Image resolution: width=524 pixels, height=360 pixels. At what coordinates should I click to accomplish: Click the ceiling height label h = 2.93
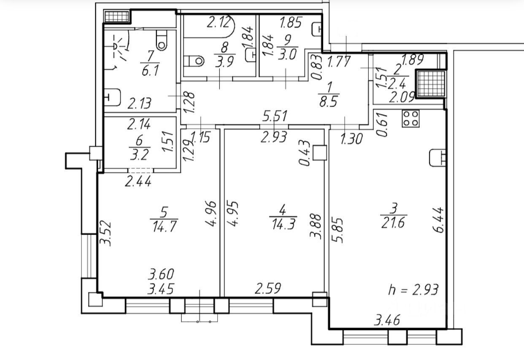tap(413, 290)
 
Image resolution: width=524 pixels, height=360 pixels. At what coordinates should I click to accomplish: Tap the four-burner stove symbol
tap(410, 119)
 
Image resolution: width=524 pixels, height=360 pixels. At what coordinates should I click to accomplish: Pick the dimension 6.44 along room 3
tap(440, 219)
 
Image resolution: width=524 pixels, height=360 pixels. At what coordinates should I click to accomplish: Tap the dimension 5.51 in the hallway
tap(275, 116)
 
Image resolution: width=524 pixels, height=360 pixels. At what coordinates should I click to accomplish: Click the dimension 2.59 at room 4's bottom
tap(267, 289)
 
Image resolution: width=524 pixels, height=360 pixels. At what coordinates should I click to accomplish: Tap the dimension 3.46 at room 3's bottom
tap(387, 320)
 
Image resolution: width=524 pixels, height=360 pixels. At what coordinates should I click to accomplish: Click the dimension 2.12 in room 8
tap(219, 22)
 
